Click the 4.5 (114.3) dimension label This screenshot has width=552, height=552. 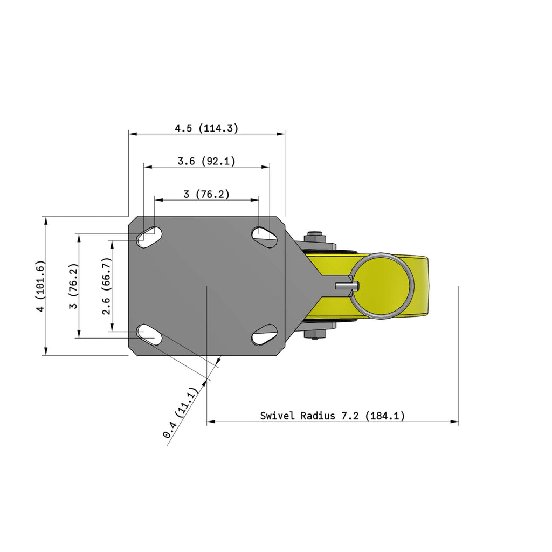tap(206, 128)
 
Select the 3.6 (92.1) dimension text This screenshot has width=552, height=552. tap(206, 161)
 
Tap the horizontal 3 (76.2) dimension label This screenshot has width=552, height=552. tap(206, 194)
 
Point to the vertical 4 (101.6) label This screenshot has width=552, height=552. tap(41, 286)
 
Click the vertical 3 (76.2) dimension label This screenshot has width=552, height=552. tap(73, 286)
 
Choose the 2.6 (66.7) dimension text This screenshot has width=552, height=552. tap(106, 286)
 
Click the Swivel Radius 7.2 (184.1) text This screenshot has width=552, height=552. tap(332, 416)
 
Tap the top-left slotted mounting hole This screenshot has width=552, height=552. tap(149, 237)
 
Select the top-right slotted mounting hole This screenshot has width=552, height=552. tap(264, 237)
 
